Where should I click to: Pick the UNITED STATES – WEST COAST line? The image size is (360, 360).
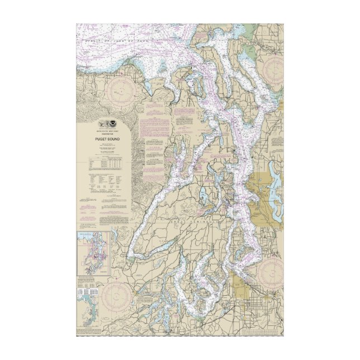[107, 130]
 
